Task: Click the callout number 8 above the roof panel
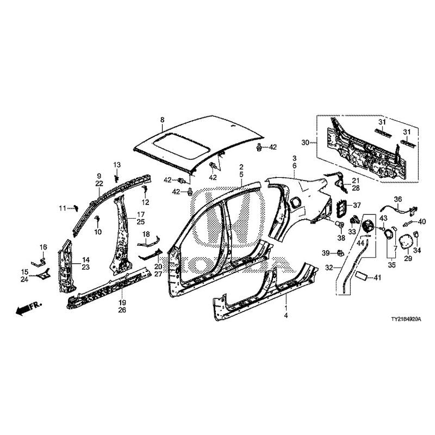click(x=161, y=119)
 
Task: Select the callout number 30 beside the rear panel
click(x=305, y=142)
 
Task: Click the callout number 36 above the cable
click(x=397, y=199)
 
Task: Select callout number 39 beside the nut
click(x=326, y=253)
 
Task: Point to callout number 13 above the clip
click(x=116, y=165)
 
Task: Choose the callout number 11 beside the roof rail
click(x=63, y=208)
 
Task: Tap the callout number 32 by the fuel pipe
click(x=328, y=268)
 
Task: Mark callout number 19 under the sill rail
click(x=122, y=302)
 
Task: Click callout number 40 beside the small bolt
click(x=422, y=222)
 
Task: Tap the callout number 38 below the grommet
click(x=341, y=238)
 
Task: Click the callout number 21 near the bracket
click(x=356, y=181)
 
